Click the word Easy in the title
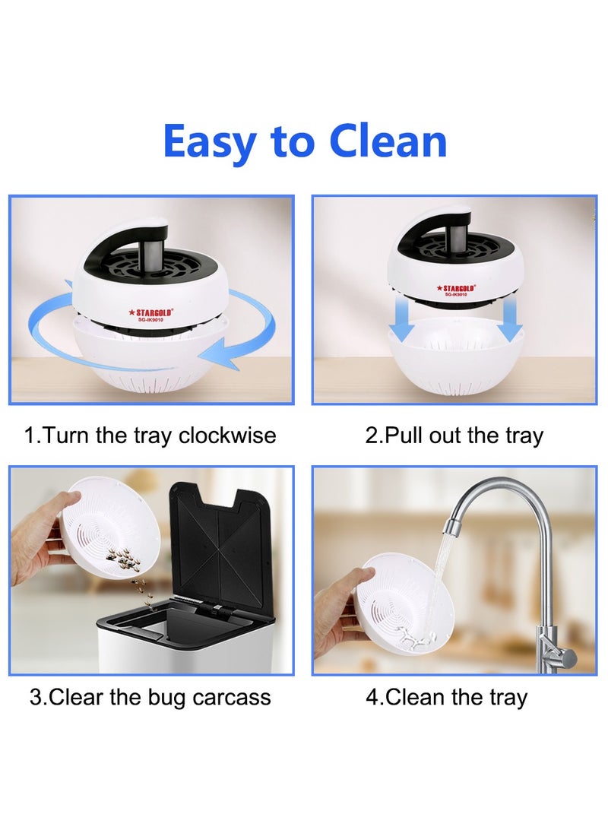click(x=208, y=143)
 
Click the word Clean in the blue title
click(x=388, y=141)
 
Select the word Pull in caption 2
click(x=404, y=436)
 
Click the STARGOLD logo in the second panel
click(x=454, y=289)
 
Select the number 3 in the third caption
click(x=35, y=697)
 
